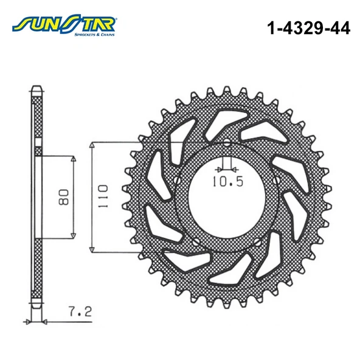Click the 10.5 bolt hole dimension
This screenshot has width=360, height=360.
(x=226, y=181)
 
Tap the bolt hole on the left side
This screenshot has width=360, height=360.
(x=177, y=181)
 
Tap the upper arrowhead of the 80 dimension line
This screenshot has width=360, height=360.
(x=73, y=159)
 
